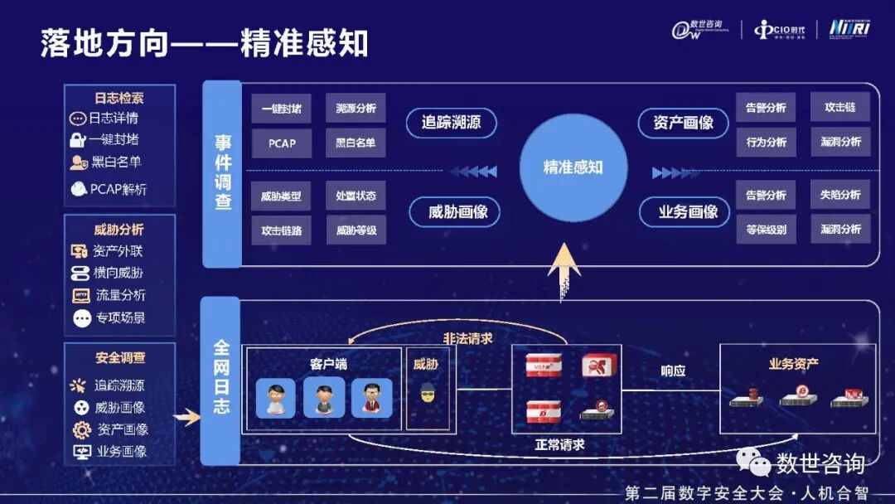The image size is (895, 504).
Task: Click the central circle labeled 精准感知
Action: point(573,167)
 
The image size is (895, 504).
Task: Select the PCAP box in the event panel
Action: point(282,143)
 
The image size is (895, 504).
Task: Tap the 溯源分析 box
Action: point(356,109)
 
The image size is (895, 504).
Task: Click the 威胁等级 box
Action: point(356,230)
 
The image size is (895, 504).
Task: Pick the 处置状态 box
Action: point(356,196)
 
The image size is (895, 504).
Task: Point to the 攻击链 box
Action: point(839,108)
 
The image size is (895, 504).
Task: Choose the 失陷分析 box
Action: point(839,195)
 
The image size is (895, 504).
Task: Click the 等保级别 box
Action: point(766,230)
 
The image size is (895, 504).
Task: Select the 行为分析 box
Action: point(766,142)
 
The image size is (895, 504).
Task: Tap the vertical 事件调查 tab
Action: point(222,174)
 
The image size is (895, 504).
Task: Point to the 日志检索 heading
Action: point(119,98)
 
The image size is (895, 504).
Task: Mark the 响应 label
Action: point(673,371)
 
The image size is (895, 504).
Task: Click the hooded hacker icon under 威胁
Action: point(427,392)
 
